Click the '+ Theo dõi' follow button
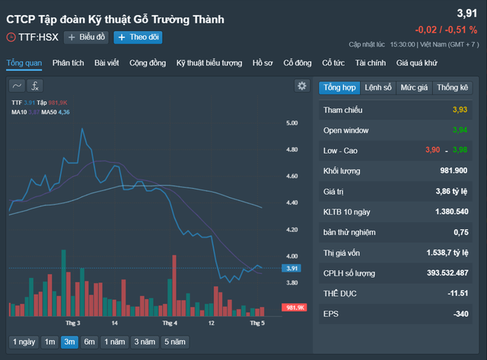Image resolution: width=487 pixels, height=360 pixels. tap(138, 37)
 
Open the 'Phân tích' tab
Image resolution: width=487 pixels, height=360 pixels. tap(68, 62)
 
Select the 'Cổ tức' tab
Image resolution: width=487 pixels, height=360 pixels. tap(333, 62)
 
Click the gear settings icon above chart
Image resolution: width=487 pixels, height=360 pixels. tap(301, 86)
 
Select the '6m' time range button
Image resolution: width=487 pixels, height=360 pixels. tap(90, 342)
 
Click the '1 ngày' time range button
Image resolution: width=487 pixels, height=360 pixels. tap(23, 342)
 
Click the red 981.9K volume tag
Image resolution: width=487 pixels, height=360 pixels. tap(293, 307)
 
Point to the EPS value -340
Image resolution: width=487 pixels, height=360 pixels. tap(459, 314)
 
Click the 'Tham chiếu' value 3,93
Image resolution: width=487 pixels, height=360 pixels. tap(460, 110)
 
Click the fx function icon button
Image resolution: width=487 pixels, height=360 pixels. tap(35, 86)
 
